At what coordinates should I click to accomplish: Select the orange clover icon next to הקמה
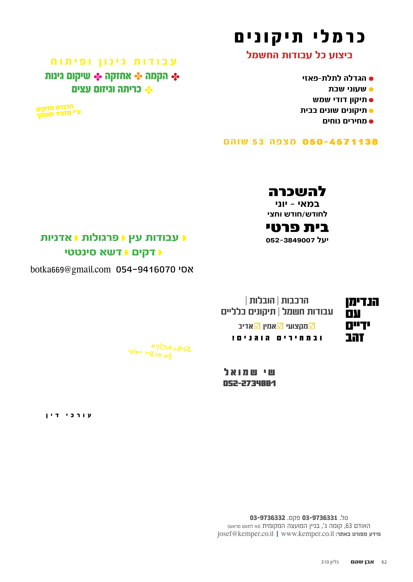pyautogui.click(x=138, y=76)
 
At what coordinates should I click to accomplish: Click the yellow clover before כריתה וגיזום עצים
pyautogui.click(x=149, y=90)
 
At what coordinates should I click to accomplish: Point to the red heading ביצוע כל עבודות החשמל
pyautogui.click(x=299, y=55)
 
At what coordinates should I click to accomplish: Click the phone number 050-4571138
pyautogui.click(x=340, y=142)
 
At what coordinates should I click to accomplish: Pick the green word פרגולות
pyautogui.click(x=100, y=238)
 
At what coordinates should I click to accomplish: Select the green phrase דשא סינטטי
pyautogui.click(x=93, y=252)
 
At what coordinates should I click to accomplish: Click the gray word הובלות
pyautogui.click(x=262, y=301)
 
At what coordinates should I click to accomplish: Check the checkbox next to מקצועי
pyautogui.click(x=312, y=326)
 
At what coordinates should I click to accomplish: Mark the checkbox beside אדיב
pyautogui.click(x=257, y=326)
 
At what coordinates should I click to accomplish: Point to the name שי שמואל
pyautogui.click(x=250, y=372)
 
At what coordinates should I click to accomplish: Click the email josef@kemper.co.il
pyautogui.click(x=245, y=534)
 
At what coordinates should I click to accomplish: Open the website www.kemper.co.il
pyautogui.click(x=307, y=534)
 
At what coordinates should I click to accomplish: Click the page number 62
pyautogui.click(x=384, y=562)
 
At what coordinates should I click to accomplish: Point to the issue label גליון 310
pyautogui.click(x=330, y=562)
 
